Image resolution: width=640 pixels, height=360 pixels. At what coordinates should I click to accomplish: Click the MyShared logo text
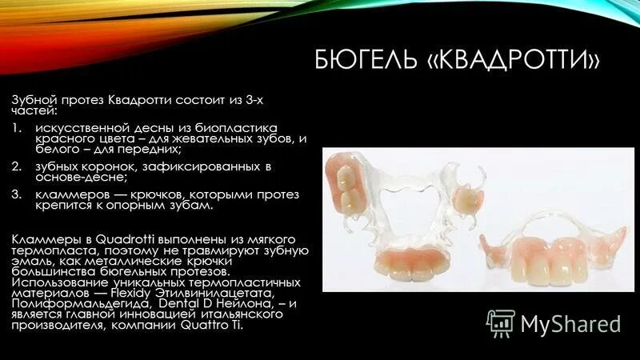(570, 323)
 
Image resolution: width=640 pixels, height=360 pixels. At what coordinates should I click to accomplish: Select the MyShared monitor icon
(501, 322)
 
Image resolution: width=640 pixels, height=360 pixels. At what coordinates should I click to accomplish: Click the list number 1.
(16, 127)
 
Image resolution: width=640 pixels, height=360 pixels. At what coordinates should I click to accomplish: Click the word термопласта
(46, 250)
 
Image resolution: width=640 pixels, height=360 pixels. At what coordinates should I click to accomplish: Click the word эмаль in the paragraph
(30, 262)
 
